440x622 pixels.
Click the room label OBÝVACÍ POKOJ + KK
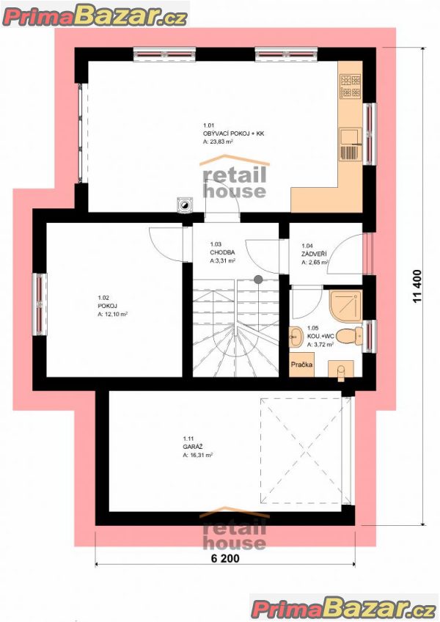tap(233, 133)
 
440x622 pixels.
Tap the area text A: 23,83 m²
tap(218, 142)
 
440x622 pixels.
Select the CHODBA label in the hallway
tap(222, 252)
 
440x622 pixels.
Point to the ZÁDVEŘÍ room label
tap(314, 254)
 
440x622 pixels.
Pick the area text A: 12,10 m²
tap(112, 314)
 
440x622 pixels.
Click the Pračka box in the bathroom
tap(301, 364)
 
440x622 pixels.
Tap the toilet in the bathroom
tap(351, 335)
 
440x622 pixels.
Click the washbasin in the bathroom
tap(296, 337)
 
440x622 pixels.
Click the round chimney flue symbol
tap(185, 205)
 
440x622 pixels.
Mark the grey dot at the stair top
tap(258, 279)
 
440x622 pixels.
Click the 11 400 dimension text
tap(417, 286)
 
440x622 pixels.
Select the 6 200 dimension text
tap(225, 558)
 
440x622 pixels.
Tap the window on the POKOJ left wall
tap(40, 304)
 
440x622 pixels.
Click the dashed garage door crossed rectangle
tap(306, 451)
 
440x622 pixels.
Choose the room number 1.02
tap(103, 298)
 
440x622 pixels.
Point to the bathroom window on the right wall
tap(370, 337)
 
